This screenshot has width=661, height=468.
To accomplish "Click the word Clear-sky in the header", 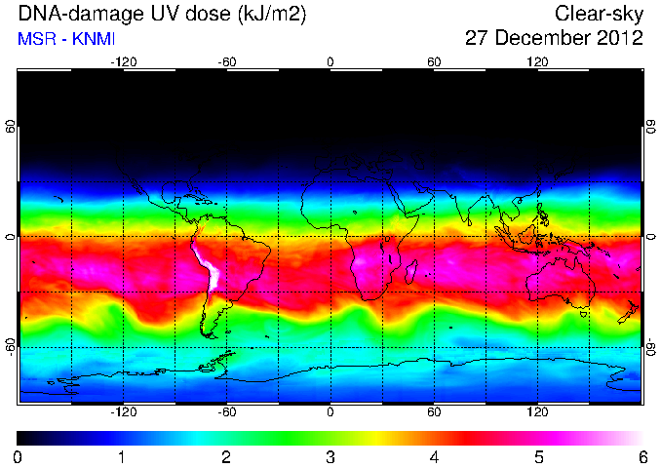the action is pyautogui.click(x=599, y=14).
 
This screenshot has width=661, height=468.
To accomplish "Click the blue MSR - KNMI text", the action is pyautogui.click(x=66, y=39).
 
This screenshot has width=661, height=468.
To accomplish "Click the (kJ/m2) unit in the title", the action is pyautogui.click(x=272, y=15).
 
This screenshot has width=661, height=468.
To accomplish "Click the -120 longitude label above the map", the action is pyautogui.click(x=124, y=62).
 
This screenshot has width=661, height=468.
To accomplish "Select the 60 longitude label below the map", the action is pyautogui.click(x=434, y=411).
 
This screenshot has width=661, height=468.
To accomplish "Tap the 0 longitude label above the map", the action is pyautogui.click(x=330, y=62).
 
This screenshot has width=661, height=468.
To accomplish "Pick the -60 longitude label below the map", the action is pyautogui.click(x=227, y=411).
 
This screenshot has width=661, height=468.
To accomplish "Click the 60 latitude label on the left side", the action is pyautogui.click(x=11, y=126).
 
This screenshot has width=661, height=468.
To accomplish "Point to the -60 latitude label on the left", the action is pyautogui.click(x=11, y=346).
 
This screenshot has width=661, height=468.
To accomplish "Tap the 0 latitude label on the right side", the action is pyautogui.click(x=651, y=237).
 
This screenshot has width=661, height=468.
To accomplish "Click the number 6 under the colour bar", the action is pyautogui.click(x=642, y=457).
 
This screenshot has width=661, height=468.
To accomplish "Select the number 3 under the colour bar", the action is pyautogui.click(x=330, y=457).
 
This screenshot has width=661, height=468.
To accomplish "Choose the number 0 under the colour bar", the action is pyautogui.click(x=18, y=457).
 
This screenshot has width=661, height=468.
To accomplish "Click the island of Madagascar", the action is pyautogui.click(x=411, y=271).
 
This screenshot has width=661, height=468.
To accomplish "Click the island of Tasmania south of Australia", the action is pyautogui.click(x=584, y=315).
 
